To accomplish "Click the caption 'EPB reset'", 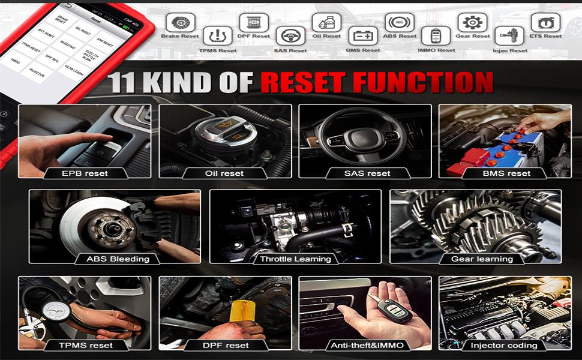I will tap(85, 173).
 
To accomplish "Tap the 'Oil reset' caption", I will tap(225, 173).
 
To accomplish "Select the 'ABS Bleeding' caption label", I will tap(114, 259).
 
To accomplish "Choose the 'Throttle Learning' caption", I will tap(295, 259).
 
